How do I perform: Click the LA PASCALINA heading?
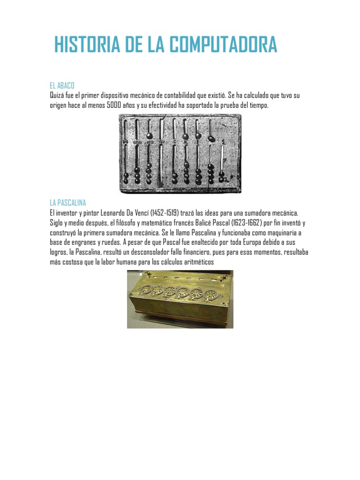pos(68,202)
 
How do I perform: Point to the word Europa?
pos(240,242)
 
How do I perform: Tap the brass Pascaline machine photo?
pos(180,299)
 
